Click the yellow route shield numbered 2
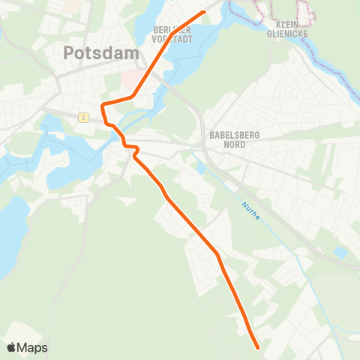pyautogui.click(x=83, y=117)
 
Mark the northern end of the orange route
pyautogui.click(x=204, y=12)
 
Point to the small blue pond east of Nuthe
pyautogui.click(x=340, y=253)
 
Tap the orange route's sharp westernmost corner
pyautogui.click(x=102, y=103)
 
